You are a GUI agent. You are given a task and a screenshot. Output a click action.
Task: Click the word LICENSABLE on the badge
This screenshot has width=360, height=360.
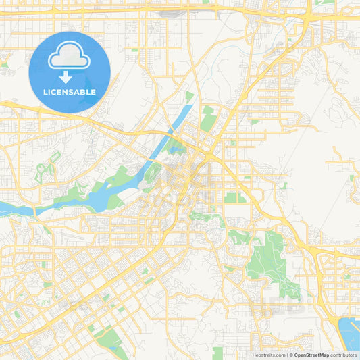(x=70, y=91)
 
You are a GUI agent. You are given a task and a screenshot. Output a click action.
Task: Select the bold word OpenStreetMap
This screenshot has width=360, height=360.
(x=311, y=355)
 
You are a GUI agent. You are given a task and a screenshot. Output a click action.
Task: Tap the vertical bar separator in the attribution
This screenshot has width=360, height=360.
(x=288, y=355)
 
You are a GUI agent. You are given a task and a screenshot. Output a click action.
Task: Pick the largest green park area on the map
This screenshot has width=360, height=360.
(x=270, y=260)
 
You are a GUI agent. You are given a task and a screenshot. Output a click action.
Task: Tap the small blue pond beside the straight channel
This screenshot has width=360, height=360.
(x=177, y=150)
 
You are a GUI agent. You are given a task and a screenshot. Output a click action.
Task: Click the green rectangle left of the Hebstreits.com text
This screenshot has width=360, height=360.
(x=217, y=353)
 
